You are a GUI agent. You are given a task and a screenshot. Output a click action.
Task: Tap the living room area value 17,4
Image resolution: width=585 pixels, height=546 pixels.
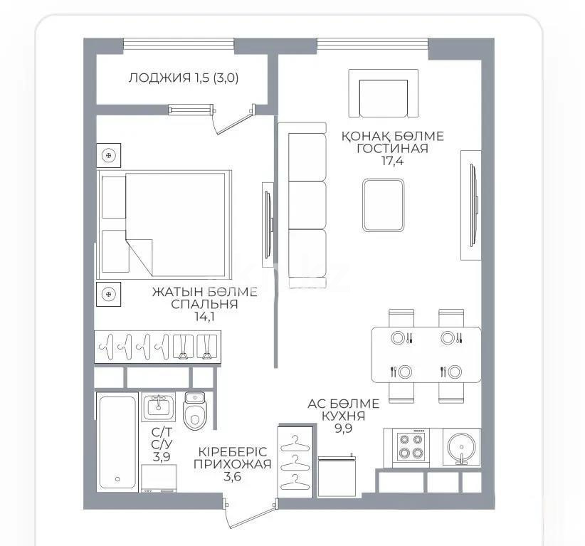point(393,161)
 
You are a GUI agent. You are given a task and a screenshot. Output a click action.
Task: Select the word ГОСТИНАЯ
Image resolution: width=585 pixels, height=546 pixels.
point(393,148)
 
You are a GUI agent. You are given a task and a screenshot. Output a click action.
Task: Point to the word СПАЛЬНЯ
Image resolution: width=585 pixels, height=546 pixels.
point(204,304)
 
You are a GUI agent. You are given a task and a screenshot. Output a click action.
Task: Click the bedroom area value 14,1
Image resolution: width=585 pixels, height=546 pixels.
point(204,317)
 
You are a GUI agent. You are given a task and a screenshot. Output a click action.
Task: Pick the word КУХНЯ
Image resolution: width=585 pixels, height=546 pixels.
point(343,416)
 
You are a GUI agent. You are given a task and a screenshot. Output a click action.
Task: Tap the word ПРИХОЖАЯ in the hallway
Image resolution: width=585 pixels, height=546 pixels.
point(233,464)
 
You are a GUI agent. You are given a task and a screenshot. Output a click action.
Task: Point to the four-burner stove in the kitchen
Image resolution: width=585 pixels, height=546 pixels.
point(412,446)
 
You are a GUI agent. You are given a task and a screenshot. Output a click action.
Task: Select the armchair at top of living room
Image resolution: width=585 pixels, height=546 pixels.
point(384,93)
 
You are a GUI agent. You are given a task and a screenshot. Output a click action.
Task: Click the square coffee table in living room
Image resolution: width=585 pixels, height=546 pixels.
point(383,205)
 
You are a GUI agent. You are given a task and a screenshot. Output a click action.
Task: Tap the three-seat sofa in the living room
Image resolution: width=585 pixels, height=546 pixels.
point(302,206)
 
